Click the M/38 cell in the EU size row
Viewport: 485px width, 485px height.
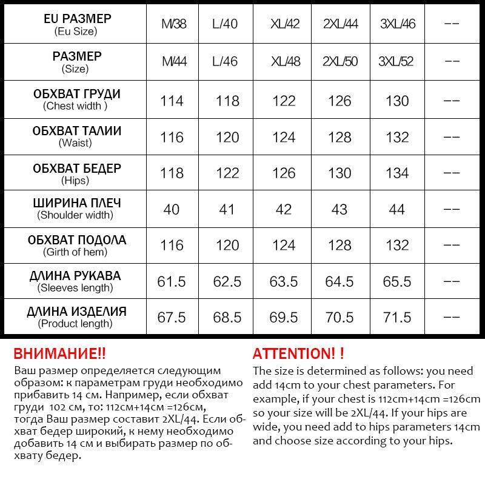(174, 25)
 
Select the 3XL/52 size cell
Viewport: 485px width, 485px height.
(396, 62)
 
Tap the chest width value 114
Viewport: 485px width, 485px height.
(172, 101)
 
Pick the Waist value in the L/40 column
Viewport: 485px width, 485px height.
(227, 138)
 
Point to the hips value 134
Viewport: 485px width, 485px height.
(397, 173)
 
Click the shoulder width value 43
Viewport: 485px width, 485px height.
(339, 210)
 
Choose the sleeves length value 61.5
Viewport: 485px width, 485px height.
(172, 282)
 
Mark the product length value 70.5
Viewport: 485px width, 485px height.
(339, 318)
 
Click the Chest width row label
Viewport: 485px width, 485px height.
(76, 99)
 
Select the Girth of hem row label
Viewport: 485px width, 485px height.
(76, 245)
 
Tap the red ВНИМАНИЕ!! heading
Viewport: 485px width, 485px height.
(59, 354)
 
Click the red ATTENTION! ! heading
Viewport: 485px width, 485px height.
(298, 354)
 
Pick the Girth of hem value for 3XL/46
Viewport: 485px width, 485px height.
(397, 246)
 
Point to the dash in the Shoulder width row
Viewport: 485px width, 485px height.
(452, 210)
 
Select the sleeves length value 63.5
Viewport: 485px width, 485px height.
(284, 282)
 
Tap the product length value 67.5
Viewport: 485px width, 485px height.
(172, 318)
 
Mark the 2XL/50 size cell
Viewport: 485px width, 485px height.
(339, 62)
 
